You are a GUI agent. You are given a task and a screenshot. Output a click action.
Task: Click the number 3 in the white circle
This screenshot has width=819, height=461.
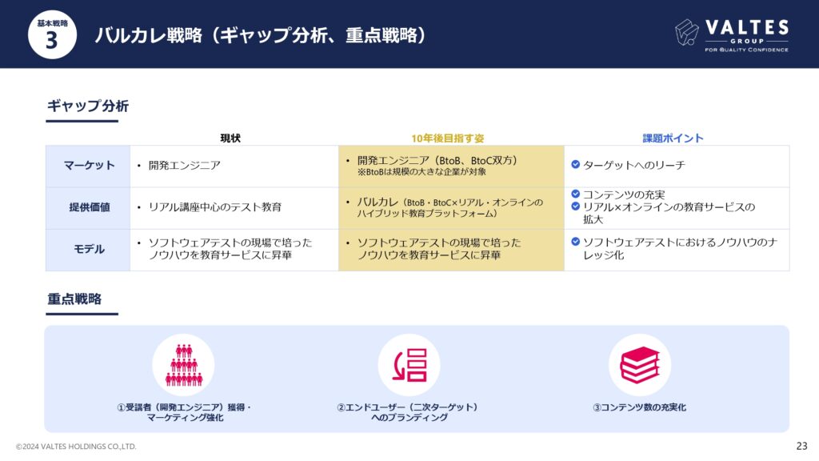pos(51,40)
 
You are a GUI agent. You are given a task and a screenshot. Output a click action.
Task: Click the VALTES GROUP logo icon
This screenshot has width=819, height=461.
pos(687,32)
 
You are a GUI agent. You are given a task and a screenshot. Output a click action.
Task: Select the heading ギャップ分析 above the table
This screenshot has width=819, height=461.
pos(88,106)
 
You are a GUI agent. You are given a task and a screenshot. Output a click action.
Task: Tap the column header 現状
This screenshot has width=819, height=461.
pos(230,138)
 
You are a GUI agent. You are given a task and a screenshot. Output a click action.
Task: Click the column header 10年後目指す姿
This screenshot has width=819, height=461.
pos(448,138)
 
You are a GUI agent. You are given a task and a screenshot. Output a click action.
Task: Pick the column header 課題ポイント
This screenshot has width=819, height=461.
pos(673,138)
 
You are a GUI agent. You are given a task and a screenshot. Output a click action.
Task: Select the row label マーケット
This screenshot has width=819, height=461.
pos(89,166)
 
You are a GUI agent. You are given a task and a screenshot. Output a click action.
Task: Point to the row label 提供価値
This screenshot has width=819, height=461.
pos(90,207)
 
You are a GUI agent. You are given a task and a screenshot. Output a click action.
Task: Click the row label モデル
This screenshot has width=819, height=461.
pos(89,250)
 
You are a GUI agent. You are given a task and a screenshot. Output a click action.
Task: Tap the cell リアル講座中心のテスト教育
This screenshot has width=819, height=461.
pos(214,207)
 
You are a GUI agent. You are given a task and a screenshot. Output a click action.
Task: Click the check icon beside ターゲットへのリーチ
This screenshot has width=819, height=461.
pos(576,164)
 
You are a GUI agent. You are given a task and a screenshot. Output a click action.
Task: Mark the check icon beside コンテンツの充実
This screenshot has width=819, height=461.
pos(576,194)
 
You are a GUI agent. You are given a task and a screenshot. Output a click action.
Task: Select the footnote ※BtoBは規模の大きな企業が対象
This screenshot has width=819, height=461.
pos(421,172)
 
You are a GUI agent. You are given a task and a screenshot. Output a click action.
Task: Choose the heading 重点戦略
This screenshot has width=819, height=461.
pos(74,299)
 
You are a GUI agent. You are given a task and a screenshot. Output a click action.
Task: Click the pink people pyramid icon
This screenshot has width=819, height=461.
pos(184,365)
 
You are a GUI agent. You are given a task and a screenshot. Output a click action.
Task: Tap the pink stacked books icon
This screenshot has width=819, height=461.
pos(640,365)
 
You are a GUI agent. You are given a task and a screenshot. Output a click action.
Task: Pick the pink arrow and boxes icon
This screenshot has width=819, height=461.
pos(409,365)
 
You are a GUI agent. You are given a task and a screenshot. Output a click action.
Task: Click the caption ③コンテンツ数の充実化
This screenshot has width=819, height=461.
pos(639,407)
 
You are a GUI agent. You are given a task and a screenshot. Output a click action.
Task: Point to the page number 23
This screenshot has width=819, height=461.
pos(801,446)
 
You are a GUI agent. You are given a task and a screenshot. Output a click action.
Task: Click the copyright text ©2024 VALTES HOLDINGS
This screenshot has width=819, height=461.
pos(76,447)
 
